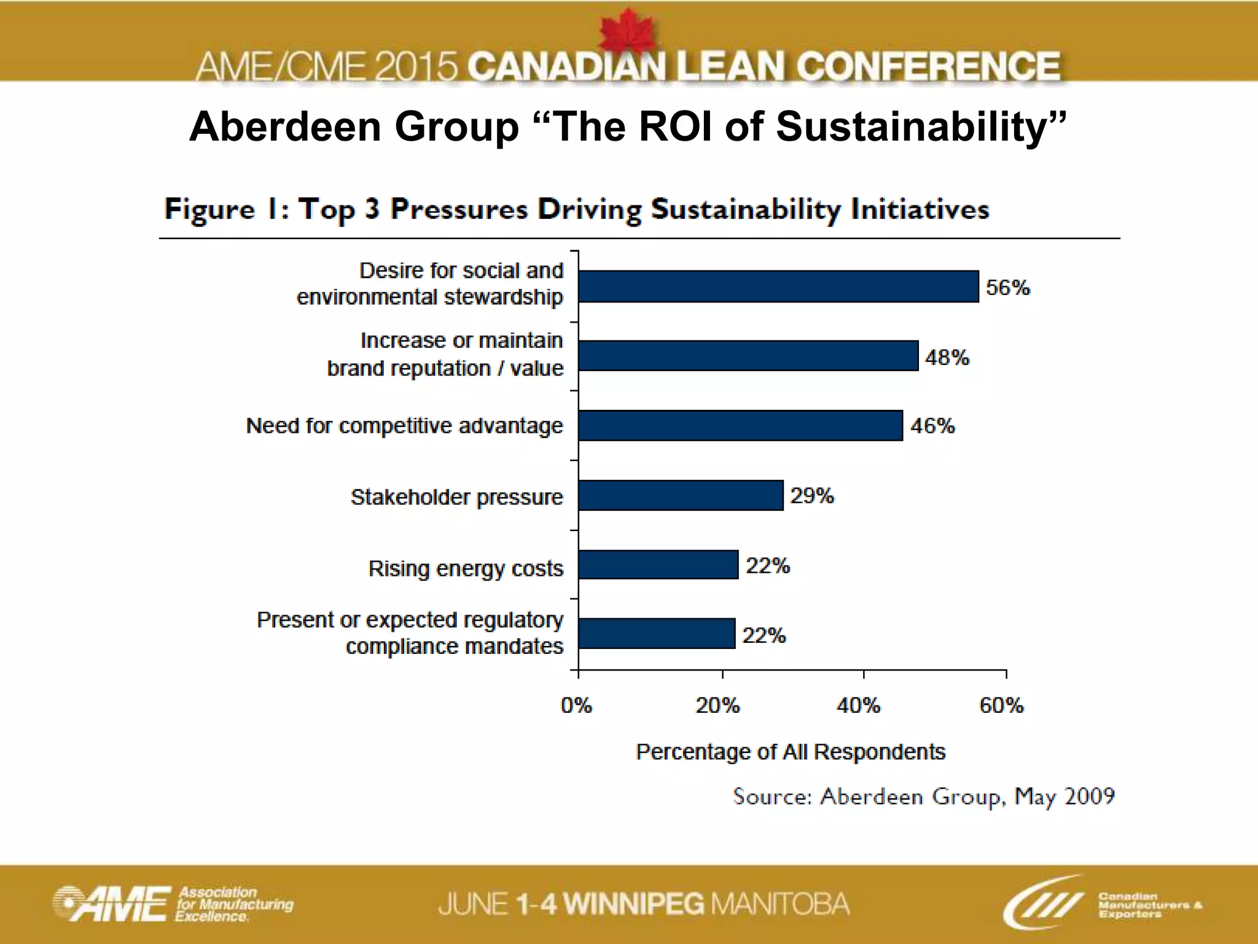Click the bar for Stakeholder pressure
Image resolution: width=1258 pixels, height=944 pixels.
(x=681, y=495)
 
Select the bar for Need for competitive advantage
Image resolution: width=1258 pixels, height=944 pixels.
(x=740, y=425)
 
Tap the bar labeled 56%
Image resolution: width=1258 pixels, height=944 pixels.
(x=778, y=286)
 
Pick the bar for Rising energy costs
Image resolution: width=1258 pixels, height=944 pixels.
(x=658, y=565)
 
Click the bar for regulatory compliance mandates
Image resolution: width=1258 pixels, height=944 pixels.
(x=657, y=634)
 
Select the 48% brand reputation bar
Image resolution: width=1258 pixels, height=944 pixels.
(x=748, y=356)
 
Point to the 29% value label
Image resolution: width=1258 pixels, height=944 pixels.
(x=811, y=495)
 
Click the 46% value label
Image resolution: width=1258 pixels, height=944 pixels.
(x=932, y=425)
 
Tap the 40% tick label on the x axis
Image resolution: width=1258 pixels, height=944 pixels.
(x=858, y=706)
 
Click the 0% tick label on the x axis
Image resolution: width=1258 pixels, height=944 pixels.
(x=576, y=706)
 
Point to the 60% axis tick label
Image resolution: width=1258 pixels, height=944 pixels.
(x=1001, y=706)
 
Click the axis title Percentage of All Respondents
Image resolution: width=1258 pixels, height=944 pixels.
(x=790, y=752)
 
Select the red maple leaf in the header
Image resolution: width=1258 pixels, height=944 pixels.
(x=627, y=31)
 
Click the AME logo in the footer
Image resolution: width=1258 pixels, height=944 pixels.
(x=111, y=904)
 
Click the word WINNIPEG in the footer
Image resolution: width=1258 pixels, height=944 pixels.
(x=634, y=904)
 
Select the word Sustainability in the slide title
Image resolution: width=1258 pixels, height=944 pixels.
(x=920, y=127)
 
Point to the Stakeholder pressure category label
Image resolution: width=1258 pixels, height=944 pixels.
(x=456, y=497)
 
